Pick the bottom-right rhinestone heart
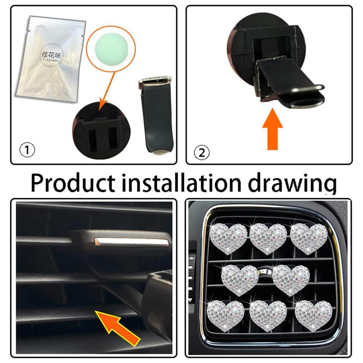(x=312, y=314)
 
